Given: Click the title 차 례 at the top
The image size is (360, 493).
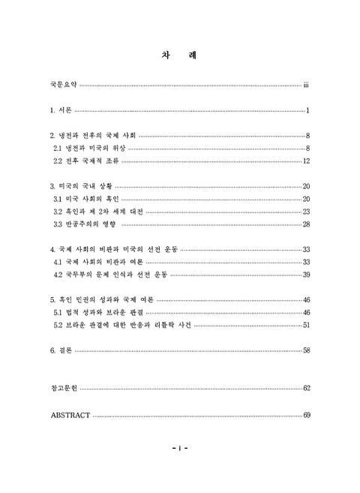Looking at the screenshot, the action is [x=179, y=55].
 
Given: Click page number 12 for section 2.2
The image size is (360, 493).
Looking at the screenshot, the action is [x=307, y=161].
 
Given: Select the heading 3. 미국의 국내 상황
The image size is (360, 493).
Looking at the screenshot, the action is [x=80, y=186].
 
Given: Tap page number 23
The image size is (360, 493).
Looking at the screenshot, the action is [x=306, y=212].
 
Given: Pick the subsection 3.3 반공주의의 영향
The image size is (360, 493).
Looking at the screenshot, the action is [x=86, y=224].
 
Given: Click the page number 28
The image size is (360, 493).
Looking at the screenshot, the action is [x=306, y=224].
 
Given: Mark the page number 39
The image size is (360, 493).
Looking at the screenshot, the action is [x=306, y=275].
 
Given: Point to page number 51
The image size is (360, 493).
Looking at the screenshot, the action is [x=306, y=325].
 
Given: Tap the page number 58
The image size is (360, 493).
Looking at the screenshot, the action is [x=306, y=350].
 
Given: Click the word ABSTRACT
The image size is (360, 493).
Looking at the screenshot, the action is [x=70, y=414].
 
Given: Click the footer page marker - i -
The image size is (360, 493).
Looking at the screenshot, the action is [x=179, y=448].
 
